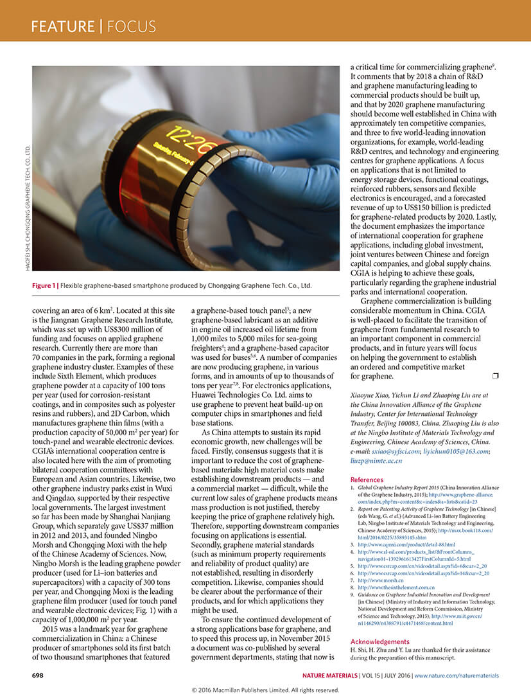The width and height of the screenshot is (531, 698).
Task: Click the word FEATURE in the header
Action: [62, 26]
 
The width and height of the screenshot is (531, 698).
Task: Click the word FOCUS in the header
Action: [132, 26]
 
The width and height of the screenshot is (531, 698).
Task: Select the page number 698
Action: [38, 676]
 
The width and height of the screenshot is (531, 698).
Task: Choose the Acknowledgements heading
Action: [379, 641]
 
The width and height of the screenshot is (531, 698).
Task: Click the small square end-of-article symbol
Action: [494, 375]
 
